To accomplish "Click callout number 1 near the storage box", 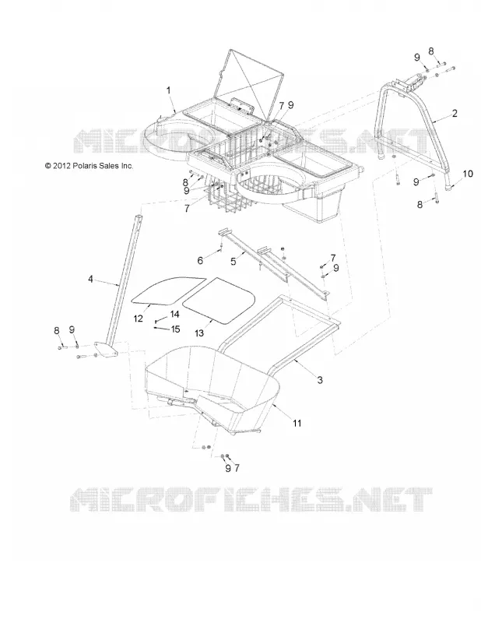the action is [168, 90].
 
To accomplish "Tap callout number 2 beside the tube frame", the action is [455, 113].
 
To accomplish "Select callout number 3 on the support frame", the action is [320, 380].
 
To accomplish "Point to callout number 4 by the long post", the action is [90, 280].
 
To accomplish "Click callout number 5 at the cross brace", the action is [233, 261].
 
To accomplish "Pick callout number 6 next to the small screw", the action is [200, 260].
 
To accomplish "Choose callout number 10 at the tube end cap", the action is [468, 174].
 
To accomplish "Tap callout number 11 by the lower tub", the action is [297, 423].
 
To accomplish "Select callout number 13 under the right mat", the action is [198, 333].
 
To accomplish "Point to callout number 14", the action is [175, 315].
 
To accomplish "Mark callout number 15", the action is [175, 329].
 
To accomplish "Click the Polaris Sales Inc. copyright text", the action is [89, 166].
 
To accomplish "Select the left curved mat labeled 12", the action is [167, 290].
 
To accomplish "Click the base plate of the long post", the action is [106, 348].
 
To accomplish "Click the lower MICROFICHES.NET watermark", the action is [251, 499].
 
